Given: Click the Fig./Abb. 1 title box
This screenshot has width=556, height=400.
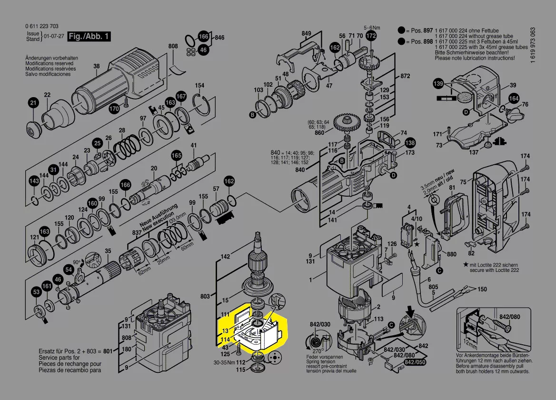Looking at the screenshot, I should click(x=89, y=36).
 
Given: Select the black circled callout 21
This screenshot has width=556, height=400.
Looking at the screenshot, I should click(x=33, y=103).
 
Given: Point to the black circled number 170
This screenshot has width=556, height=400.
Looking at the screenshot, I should click(x=114, y=109).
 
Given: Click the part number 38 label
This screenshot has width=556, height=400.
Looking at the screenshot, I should click(x=97, y=66).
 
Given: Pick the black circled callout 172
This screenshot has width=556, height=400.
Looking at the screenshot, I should click(x=371, y=36).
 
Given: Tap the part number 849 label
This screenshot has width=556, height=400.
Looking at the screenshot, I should click(x=306, y=33).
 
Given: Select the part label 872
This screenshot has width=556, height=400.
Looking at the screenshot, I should click(x=405, y=76).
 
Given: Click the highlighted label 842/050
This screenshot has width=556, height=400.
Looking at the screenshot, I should click(x=414, y=363).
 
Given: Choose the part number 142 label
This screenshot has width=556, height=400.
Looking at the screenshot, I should click(x=225, y=257).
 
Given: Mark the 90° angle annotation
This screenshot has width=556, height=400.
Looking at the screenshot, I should click(x=77, y=262).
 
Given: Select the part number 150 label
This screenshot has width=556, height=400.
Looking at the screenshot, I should click(x=482, y=290).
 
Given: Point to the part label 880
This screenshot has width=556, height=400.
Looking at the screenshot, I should click(x=452, y=255).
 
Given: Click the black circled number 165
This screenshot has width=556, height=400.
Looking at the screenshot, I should click(x=177, y=156).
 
